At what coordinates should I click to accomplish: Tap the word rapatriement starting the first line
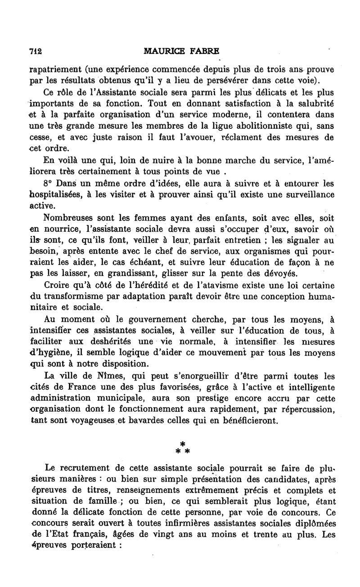click(x=56, y=70)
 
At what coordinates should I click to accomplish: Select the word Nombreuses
click(x=68, y=218)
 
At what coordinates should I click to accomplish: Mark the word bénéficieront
click(x=243, y=421)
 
